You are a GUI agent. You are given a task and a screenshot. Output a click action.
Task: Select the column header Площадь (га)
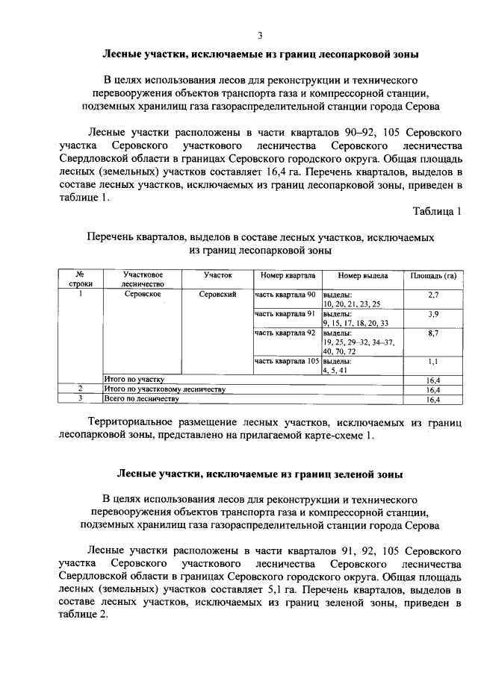[x=433, y=276]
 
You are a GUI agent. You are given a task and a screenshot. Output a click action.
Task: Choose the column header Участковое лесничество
[x=143, y=280]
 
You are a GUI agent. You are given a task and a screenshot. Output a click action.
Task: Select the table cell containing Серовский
[x=218, y=295]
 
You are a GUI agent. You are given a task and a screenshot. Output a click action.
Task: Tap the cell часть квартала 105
[x=287, y=361]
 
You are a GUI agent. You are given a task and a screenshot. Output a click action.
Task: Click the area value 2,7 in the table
[x=433, y=296]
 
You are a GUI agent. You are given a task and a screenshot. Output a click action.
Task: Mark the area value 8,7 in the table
[x=433, y=333]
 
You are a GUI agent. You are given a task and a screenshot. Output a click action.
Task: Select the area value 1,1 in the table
[x=433, y=362]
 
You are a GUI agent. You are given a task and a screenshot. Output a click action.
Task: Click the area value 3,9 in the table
[x=433, y=315]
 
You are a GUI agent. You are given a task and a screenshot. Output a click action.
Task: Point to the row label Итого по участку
[x=134, y=380]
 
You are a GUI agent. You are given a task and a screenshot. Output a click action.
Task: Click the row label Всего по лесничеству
[x=141, y=399]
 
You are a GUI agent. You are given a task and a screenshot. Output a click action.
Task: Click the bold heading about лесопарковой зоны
[x=260, y=54]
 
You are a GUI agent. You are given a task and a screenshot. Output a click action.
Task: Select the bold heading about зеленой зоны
[x=260, y=474]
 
